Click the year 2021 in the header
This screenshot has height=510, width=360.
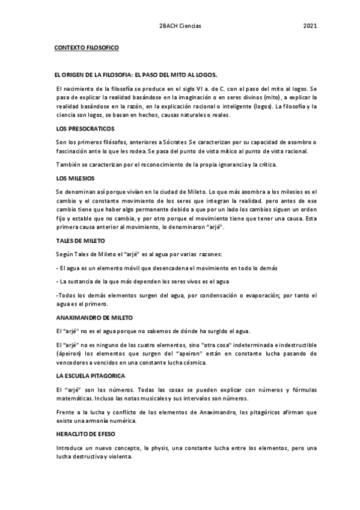click(x=310, y=26)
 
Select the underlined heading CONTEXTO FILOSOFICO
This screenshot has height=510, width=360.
click(x=87, y=46)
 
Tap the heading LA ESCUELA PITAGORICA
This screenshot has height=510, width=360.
click(x=89, y=375)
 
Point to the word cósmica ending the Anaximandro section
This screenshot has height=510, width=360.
click(x=194, y=363)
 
